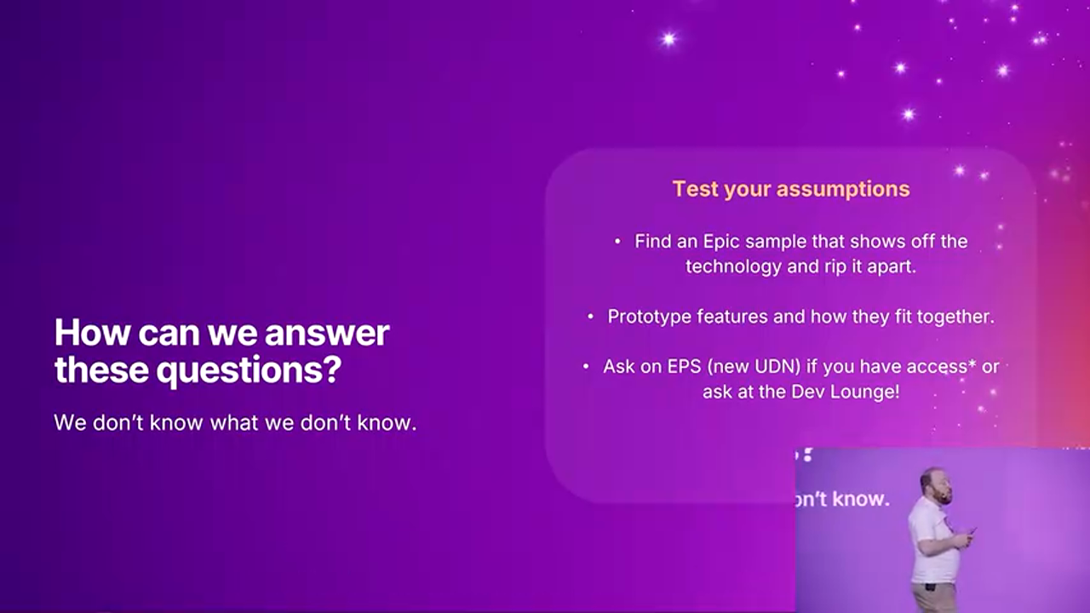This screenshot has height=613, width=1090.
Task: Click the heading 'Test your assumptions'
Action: point(791,189)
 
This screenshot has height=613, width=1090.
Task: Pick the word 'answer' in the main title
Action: point(327,333)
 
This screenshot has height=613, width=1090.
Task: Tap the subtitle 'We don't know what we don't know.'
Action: point(236,423)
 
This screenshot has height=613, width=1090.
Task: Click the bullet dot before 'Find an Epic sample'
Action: point(617,241)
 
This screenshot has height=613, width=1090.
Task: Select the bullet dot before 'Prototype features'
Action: point(590,317)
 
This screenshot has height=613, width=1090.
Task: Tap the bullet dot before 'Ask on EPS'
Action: point(586,366)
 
